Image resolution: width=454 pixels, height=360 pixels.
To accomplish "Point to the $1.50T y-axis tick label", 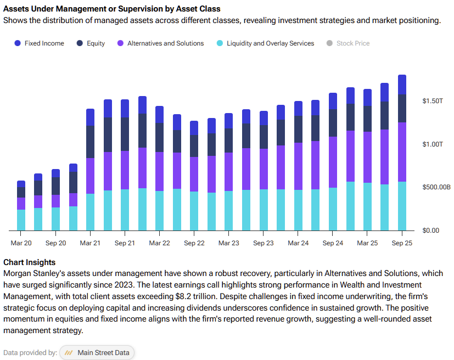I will (x=433, y=101).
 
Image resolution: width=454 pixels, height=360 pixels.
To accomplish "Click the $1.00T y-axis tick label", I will (x=433, y=144).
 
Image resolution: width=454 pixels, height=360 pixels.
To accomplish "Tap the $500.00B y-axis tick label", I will (x=436, y=187).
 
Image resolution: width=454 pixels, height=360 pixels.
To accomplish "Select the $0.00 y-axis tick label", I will (x=430, y=230).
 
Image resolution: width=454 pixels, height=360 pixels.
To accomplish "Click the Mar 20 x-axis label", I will (x=21, y=243).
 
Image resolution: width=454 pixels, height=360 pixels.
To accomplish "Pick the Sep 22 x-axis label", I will (x=194, y=243).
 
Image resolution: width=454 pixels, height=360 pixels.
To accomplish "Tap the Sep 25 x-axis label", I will (x=402, y=243).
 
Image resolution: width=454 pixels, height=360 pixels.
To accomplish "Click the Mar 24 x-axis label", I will (x=298, y=243).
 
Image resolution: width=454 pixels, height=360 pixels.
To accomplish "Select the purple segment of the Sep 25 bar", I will (x=402, y=152).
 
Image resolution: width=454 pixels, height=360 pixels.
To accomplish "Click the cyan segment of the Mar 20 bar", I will (x=21, y=220).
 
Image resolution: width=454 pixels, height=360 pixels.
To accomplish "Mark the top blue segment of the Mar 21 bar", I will (x=91, y=117).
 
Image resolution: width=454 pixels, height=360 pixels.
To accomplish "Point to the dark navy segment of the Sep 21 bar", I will (x=125, y=134).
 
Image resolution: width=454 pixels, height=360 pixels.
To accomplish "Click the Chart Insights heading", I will (x=29, y=262).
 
